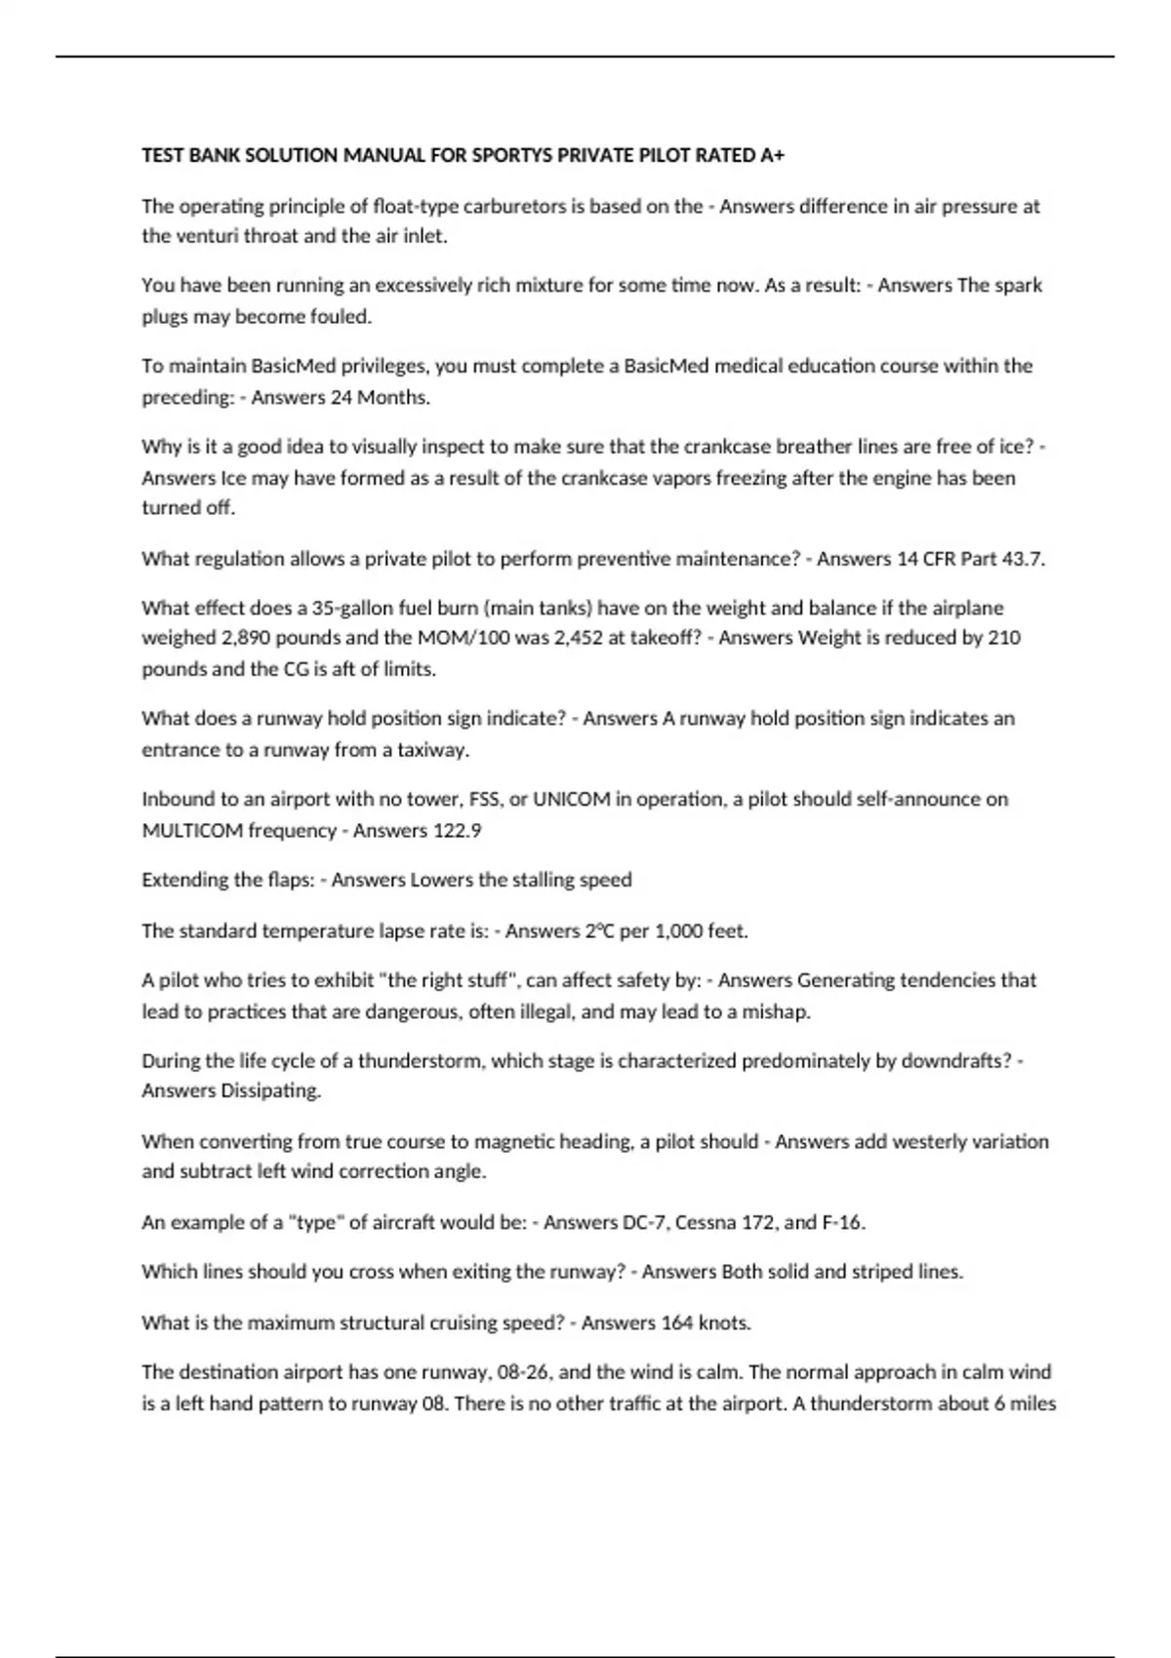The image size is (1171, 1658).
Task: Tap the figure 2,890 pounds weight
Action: (x=235, y=638)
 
